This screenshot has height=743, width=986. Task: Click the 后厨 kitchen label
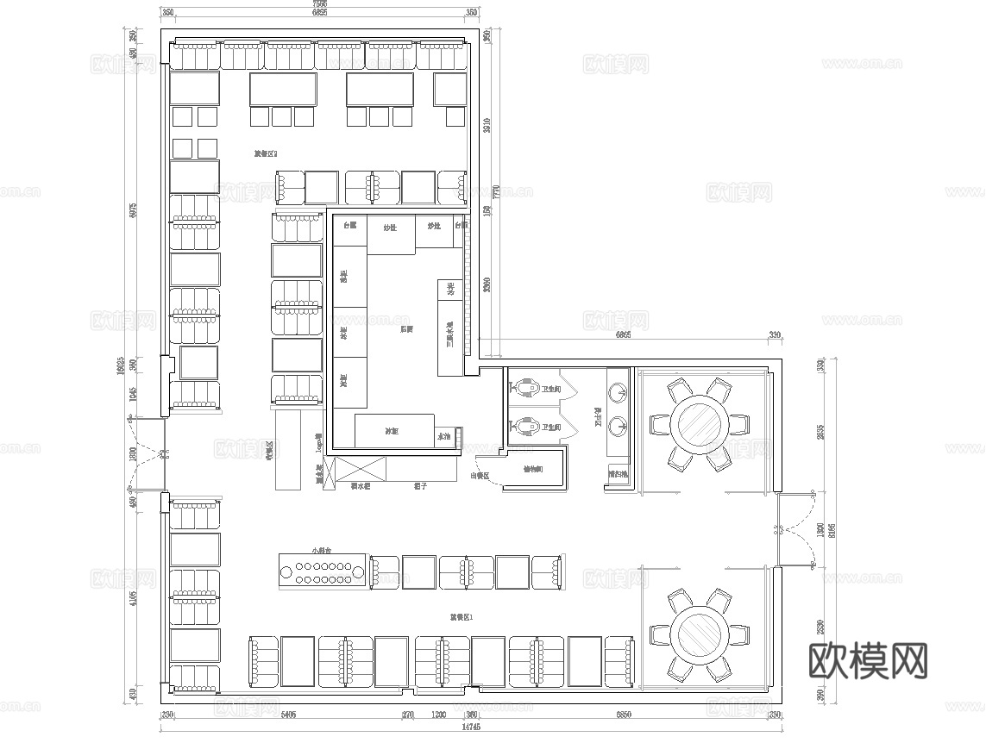[406, 329]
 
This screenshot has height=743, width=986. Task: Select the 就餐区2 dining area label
[265, 154]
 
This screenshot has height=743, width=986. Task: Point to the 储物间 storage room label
[532, 470]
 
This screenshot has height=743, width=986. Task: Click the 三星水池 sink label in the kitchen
[449, 334]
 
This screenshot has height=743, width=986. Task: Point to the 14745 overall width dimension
[470, 727]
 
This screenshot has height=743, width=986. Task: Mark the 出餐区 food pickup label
[480, 475]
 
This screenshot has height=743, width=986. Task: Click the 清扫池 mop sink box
[618, 475]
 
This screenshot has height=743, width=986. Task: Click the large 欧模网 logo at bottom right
[869, 662]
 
